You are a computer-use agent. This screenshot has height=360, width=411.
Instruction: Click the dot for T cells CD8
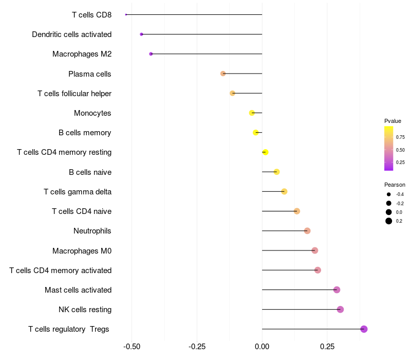(126, 14)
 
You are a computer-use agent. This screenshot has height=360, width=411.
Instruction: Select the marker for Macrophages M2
(151, 54)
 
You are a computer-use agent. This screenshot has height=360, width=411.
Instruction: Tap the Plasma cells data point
(223, 74)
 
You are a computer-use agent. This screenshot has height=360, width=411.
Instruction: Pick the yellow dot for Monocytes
(252, 113)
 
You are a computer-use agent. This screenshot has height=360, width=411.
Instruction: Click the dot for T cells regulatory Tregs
(364, 329)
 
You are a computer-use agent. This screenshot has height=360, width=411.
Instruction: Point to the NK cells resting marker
(340, 310)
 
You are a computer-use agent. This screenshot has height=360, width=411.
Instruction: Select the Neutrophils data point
(307, 231)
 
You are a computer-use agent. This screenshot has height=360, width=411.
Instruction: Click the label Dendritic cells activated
(71, 34)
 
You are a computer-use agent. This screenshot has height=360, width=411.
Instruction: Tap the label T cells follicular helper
(74, 94)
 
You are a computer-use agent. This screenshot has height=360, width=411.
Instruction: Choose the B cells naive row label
(90, 172)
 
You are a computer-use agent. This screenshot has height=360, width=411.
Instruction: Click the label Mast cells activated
(78, 290)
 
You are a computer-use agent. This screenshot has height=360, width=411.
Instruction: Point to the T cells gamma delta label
(78, 192)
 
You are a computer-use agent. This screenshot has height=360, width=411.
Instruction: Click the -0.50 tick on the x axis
(132, 347)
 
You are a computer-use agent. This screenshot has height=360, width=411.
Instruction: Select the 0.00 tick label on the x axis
(262, 347)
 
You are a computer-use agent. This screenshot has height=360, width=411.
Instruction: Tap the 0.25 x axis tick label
(327, 347)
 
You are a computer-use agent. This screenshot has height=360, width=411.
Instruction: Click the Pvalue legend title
(393, 121)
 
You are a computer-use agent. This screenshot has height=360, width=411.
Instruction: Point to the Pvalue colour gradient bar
(389, 148)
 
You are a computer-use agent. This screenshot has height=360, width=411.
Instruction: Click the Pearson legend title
(395, 185)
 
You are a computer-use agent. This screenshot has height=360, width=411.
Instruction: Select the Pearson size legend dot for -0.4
(389, 194)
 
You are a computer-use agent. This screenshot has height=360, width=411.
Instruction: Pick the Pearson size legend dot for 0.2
(389, 221)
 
